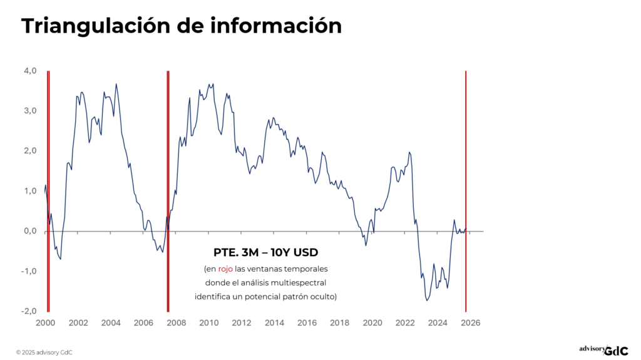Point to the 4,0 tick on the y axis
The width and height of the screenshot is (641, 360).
[x=31, y=71]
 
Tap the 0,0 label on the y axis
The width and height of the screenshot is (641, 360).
[x=31, y=231]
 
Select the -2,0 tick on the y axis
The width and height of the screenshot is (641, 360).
[x=29, y=311]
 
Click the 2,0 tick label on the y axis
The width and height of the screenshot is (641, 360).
[x=31, y=151]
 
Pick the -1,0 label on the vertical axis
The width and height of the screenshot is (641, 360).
[x=29, y=271]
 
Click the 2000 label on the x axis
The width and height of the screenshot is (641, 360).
[x=46, y=323]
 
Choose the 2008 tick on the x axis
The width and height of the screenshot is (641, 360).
[x=177, y=323]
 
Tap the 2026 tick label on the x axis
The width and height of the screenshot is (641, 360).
[x=470, y=323]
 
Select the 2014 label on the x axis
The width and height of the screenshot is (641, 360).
[x=274, y=323]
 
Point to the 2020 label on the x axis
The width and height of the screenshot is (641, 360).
[x=372, y=323]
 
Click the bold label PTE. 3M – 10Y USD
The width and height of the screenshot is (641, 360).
[x=266, y=253]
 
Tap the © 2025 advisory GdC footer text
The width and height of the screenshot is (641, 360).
[x=44, y=352]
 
